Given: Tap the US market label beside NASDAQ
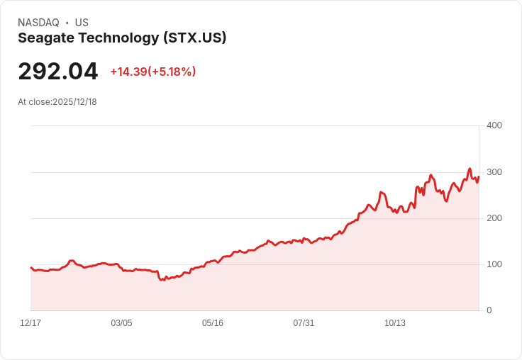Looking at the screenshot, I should tap(82, 23).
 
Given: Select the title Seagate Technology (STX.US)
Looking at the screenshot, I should tap(122, 38).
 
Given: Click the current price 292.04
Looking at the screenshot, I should tap(58, 72).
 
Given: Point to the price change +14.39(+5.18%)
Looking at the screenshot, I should tap(152, 72).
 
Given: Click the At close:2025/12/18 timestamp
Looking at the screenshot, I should tap(57, 102).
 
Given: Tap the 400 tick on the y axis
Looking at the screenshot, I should tap(494, 125).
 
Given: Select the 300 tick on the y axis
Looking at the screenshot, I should tap(494, 172).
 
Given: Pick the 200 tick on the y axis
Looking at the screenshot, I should tap(494, 218).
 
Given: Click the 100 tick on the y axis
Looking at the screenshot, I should tap(494, 264).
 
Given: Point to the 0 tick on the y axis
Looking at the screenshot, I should tap(489, 310).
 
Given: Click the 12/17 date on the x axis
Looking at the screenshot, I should tap(30, 323).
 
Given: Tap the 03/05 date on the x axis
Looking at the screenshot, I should tap(121, 323).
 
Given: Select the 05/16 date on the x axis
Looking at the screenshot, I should tap(213, 323).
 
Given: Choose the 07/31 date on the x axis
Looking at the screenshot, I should tap(304, 323).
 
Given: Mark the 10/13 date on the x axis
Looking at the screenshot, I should tap(395, 323).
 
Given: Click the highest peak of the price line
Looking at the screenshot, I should tap(470, 169).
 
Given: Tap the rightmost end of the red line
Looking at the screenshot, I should tap(479, 176).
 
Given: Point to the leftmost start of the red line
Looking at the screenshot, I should tap(30, 267).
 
